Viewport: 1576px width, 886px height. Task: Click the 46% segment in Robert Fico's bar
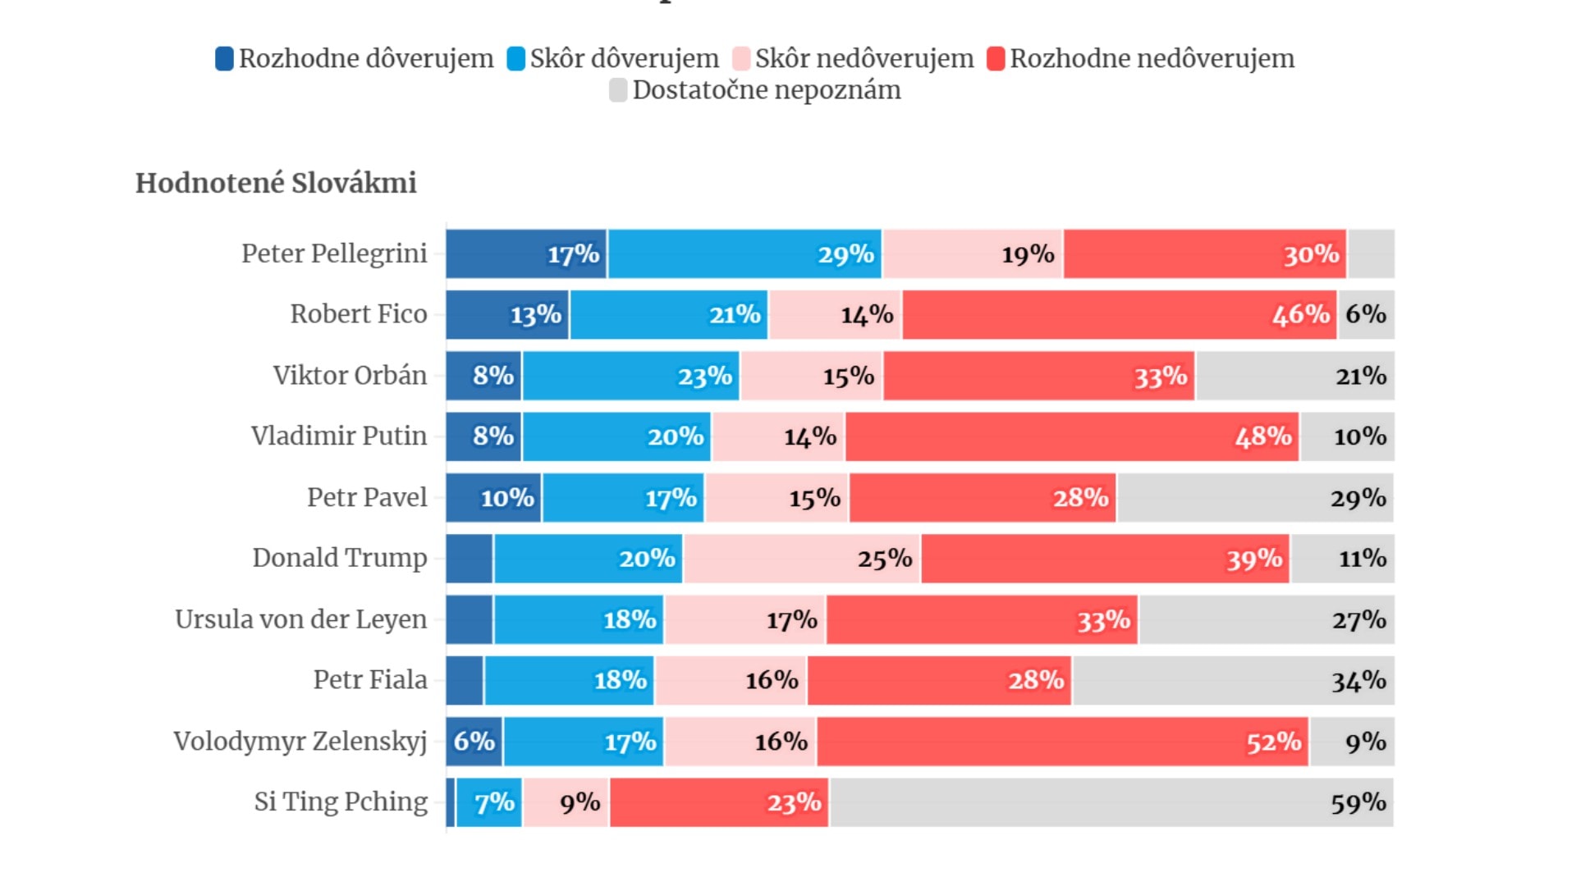(1120, 314)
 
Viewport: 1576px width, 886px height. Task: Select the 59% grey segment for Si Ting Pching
(1111, 802)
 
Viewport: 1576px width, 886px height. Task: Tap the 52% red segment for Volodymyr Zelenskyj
(1062, 742)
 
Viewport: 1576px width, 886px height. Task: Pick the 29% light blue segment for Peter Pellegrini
(744, 254)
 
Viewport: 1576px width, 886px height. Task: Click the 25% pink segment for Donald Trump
(802, 559)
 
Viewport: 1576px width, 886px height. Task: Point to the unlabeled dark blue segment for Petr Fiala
(465, 680)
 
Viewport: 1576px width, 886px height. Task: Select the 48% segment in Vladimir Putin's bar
(1072, 436)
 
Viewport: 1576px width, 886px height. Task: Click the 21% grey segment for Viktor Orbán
(1295, 376)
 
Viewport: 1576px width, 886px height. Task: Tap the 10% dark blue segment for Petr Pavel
(493, 498)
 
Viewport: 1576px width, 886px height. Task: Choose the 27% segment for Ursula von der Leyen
(1267, 619)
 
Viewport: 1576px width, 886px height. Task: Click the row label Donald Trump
(340, 558)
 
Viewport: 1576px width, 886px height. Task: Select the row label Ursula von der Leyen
(300, 619)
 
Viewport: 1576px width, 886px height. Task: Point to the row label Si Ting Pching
(341, 802)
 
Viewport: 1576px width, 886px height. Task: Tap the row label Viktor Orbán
(350, 376)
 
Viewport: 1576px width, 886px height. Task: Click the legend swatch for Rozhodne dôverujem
(224, 59)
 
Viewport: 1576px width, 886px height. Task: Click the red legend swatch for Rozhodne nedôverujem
(996, 59)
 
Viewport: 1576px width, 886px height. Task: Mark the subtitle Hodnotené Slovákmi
(276, 183)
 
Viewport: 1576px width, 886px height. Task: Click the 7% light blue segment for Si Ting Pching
(489, 802)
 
